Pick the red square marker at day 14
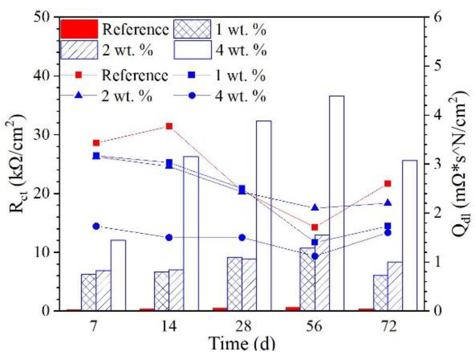click(x=169, y=126)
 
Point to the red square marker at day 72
click(x=387, y=184)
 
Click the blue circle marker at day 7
click(x=96, y=226)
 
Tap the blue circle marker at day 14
click(x=169, y=238)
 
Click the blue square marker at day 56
click(x=315, y=242)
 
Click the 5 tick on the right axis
click(x=438, y=66)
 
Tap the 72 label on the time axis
click(x=387, y=327)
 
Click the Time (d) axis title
click(x=242, y=344)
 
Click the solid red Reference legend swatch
click(x=79, y=29)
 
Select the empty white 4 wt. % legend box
click(x=193, y=50)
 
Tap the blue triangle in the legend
click(x=79, y=96)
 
